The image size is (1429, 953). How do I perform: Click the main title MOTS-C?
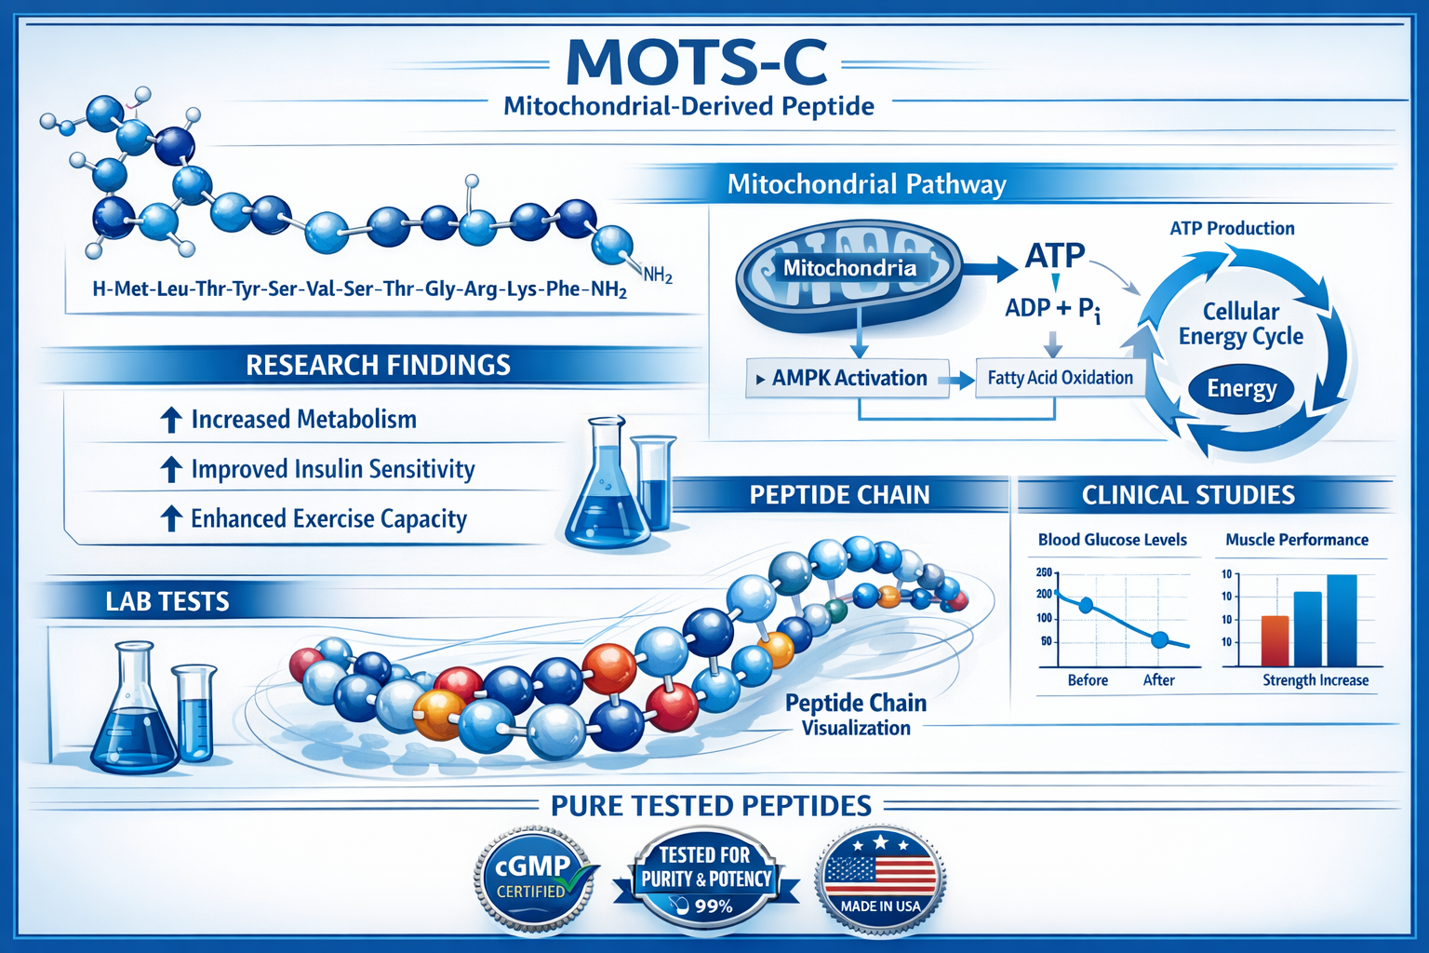696,61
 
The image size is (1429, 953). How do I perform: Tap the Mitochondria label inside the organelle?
848,269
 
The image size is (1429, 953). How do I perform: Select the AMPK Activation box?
848,379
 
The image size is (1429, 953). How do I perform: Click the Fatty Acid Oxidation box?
1060,378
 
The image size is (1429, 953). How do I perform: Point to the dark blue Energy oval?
1241,389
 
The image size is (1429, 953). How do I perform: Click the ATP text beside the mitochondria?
1055,255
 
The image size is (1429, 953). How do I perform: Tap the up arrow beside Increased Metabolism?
170,421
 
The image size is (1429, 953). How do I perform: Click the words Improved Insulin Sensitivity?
332,469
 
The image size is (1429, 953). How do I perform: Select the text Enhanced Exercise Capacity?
328,518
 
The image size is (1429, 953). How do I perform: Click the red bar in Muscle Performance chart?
1275,640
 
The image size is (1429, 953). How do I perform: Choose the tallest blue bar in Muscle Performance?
1342,620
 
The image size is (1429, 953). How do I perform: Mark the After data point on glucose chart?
1159,639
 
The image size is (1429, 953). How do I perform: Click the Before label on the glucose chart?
1088,680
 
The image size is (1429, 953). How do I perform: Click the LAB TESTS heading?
167,602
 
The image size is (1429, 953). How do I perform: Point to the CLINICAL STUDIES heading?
1187,495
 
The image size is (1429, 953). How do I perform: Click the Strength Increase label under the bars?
1315,680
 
